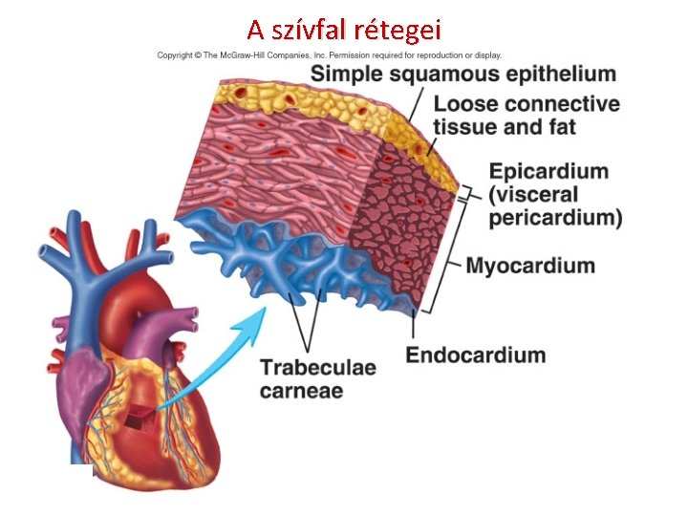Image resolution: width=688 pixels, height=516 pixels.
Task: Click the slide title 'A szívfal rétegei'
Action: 343,29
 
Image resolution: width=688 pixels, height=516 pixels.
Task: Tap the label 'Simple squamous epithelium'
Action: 462,75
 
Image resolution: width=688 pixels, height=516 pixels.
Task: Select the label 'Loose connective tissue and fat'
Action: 526,115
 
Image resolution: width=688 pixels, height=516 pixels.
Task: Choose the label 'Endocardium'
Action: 476,355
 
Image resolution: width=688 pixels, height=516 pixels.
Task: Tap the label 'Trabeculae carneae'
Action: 317,378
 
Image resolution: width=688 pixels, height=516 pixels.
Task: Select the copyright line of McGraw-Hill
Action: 329,55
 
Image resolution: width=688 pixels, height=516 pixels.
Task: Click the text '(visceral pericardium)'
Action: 555,207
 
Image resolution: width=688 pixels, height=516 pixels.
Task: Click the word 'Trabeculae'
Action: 317,368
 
